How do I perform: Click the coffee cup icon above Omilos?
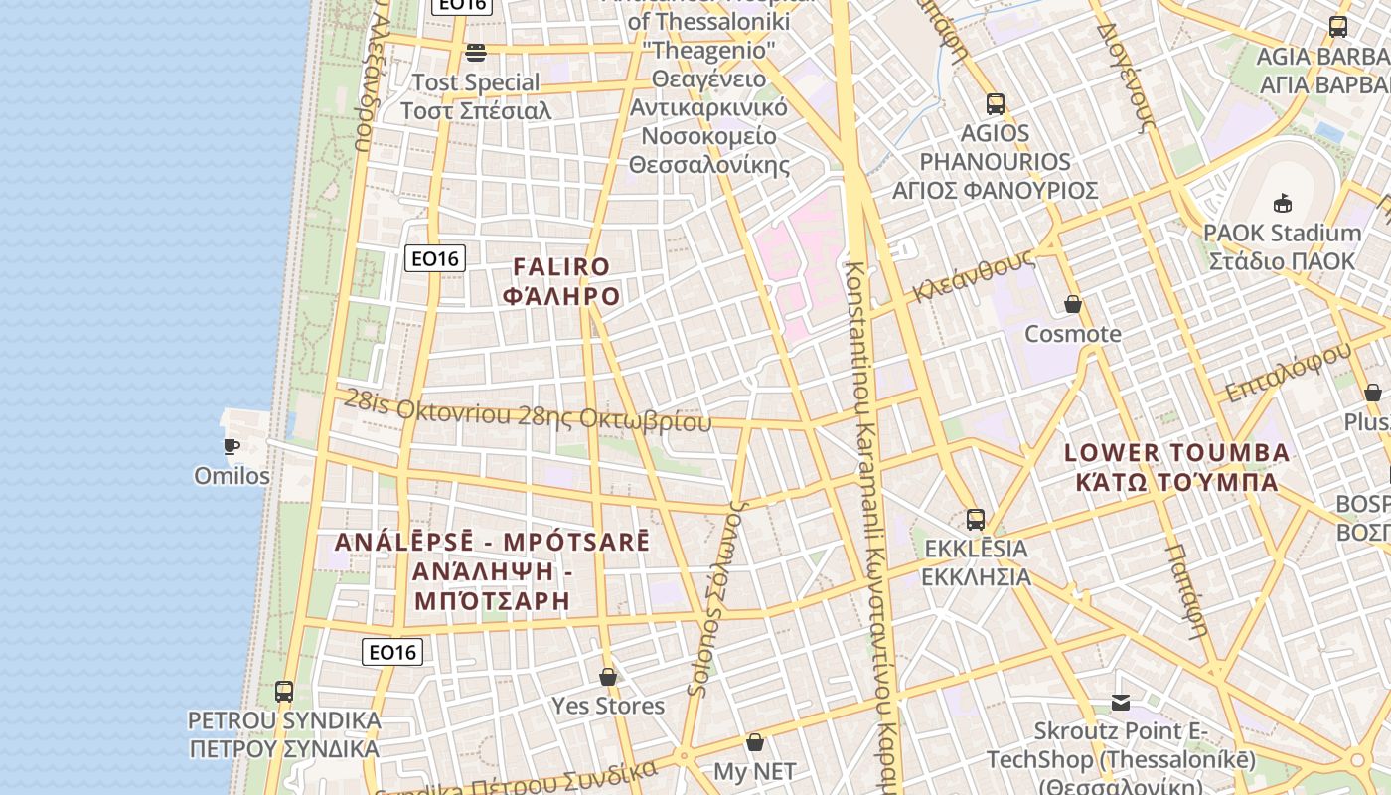pos(232,446)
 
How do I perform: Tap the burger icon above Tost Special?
pos(476,52)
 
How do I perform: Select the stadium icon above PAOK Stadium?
pos(1282,203)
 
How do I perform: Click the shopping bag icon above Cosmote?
pos(1073,304)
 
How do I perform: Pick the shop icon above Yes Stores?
pos(608,677)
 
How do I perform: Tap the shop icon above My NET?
pos(755,742)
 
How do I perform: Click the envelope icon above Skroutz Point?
pos(1121,703)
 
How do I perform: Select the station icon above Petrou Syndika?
pos(284,691)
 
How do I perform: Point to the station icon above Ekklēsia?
pos(976,519)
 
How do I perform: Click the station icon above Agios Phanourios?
pos(996,103)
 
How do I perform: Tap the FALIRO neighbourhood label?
pos(561,281)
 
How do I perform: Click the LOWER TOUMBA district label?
pos(1176,467)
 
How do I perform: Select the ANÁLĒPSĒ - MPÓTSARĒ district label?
pos(492,571)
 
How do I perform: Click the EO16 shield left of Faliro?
pos(435,259)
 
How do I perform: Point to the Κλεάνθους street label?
pos(975,275)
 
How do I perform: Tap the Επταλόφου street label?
pos(1288,371)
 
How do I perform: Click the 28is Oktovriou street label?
pos(528,413)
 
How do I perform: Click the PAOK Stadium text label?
pos(1282,246)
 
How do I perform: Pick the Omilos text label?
pos(232,476)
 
